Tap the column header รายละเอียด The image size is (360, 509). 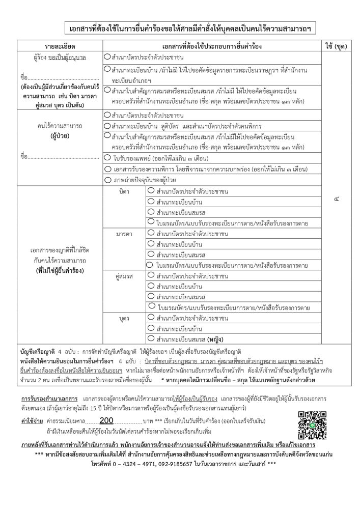click(x=60, y=46)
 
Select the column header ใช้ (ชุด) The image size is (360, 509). click(x=333, y=46)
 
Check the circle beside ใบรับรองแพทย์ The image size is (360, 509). click(x=107, y=158)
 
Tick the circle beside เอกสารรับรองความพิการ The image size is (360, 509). click(x=107, y=168)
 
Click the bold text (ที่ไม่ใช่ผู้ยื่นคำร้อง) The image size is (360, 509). click(x=60, y=269)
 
